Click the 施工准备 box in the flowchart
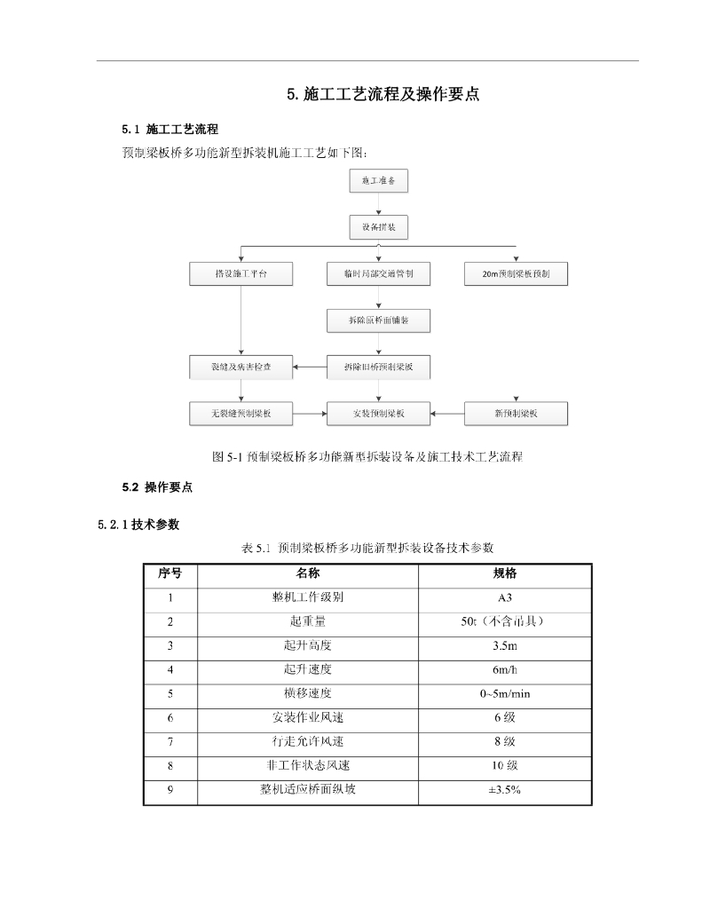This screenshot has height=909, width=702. tap(379, 181)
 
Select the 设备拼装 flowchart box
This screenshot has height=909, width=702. tap(379, 228)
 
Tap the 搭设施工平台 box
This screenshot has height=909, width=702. tap(241, 274)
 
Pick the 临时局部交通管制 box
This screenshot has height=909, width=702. tap(379, 274)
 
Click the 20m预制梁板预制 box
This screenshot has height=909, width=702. tap(517, 274)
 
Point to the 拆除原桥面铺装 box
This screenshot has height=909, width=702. tap(379, 320)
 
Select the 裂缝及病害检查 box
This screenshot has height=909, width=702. tap(241, 366)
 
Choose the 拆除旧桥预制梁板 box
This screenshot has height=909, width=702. tap(379, 366)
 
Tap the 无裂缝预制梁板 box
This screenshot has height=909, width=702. tap(241, 414)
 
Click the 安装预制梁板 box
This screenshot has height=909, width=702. tap(379, 414)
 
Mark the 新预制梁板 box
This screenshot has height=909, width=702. tap(517, 414)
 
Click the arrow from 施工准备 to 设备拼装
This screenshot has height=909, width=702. tap(379, 205)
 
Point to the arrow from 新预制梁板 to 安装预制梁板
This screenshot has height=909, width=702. tap(448, 414)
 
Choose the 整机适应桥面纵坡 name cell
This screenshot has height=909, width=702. tap(308, 788)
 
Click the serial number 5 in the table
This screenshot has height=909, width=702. tap(170, 693)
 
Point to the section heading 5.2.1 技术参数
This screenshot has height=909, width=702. tap(139, 525)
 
